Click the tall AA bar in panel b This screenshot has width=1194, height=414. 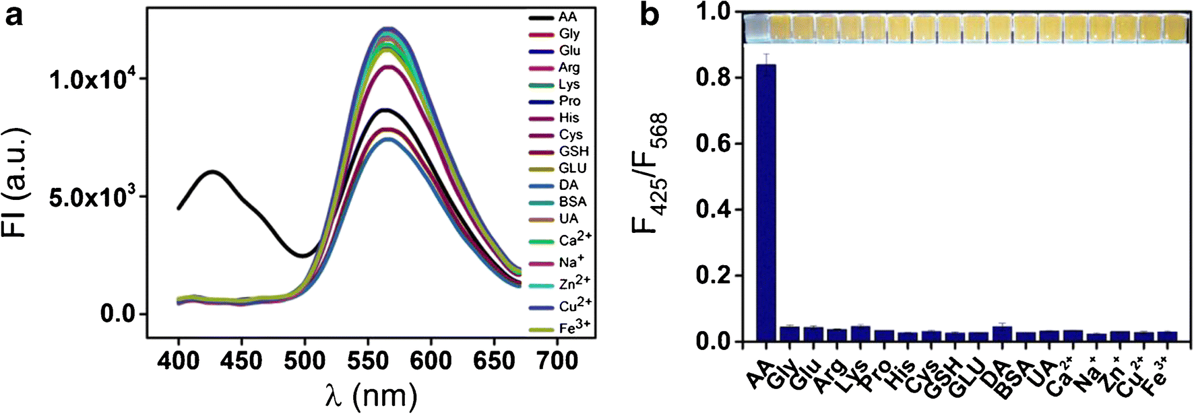[765, 202]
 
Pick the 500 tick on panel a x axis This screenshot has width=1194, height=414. [305, 361]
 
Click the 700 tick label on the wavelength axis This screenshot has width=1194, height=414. [557, 361]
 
